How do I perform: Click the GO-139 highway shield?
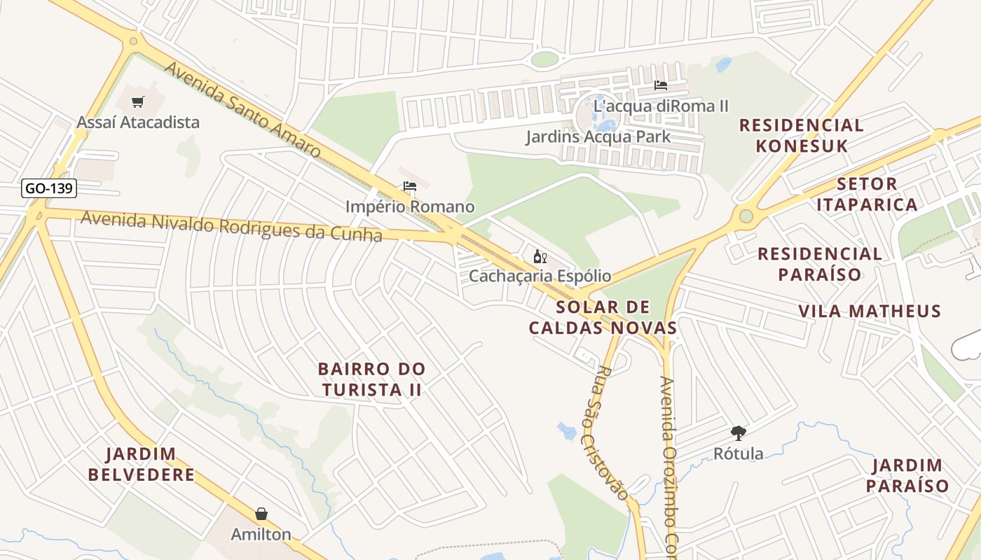[49, 188]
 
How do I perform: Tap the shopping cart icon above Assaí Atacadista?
[138, 102]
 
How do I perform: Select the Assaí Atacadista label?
[138, 122]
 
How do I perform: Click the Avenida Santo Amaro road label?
[242, 109]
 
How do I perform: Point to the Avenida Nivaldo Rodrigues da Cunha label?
[231, 226]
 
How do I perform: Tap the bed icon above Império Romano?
[410, 187]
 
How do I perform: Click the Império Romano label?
[410, 207]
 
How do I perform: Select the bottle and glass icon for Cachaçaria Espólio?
[540, 257]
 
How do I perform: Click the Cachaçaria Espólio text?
[540, 276]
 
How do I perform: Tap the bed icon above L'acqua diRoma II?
[660, 86]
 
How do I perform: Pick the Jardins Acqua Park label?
[598, 136]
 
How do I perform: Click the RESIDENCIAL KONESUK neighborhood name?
[802, 136]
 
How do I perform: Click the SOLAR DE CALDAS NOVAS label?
[603, 317]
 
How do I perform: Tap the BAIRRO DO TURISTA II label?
[371, 379]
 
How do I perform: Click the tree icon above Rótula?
[738, 433]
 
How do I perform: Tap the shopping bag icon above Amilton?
[261, 514]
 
